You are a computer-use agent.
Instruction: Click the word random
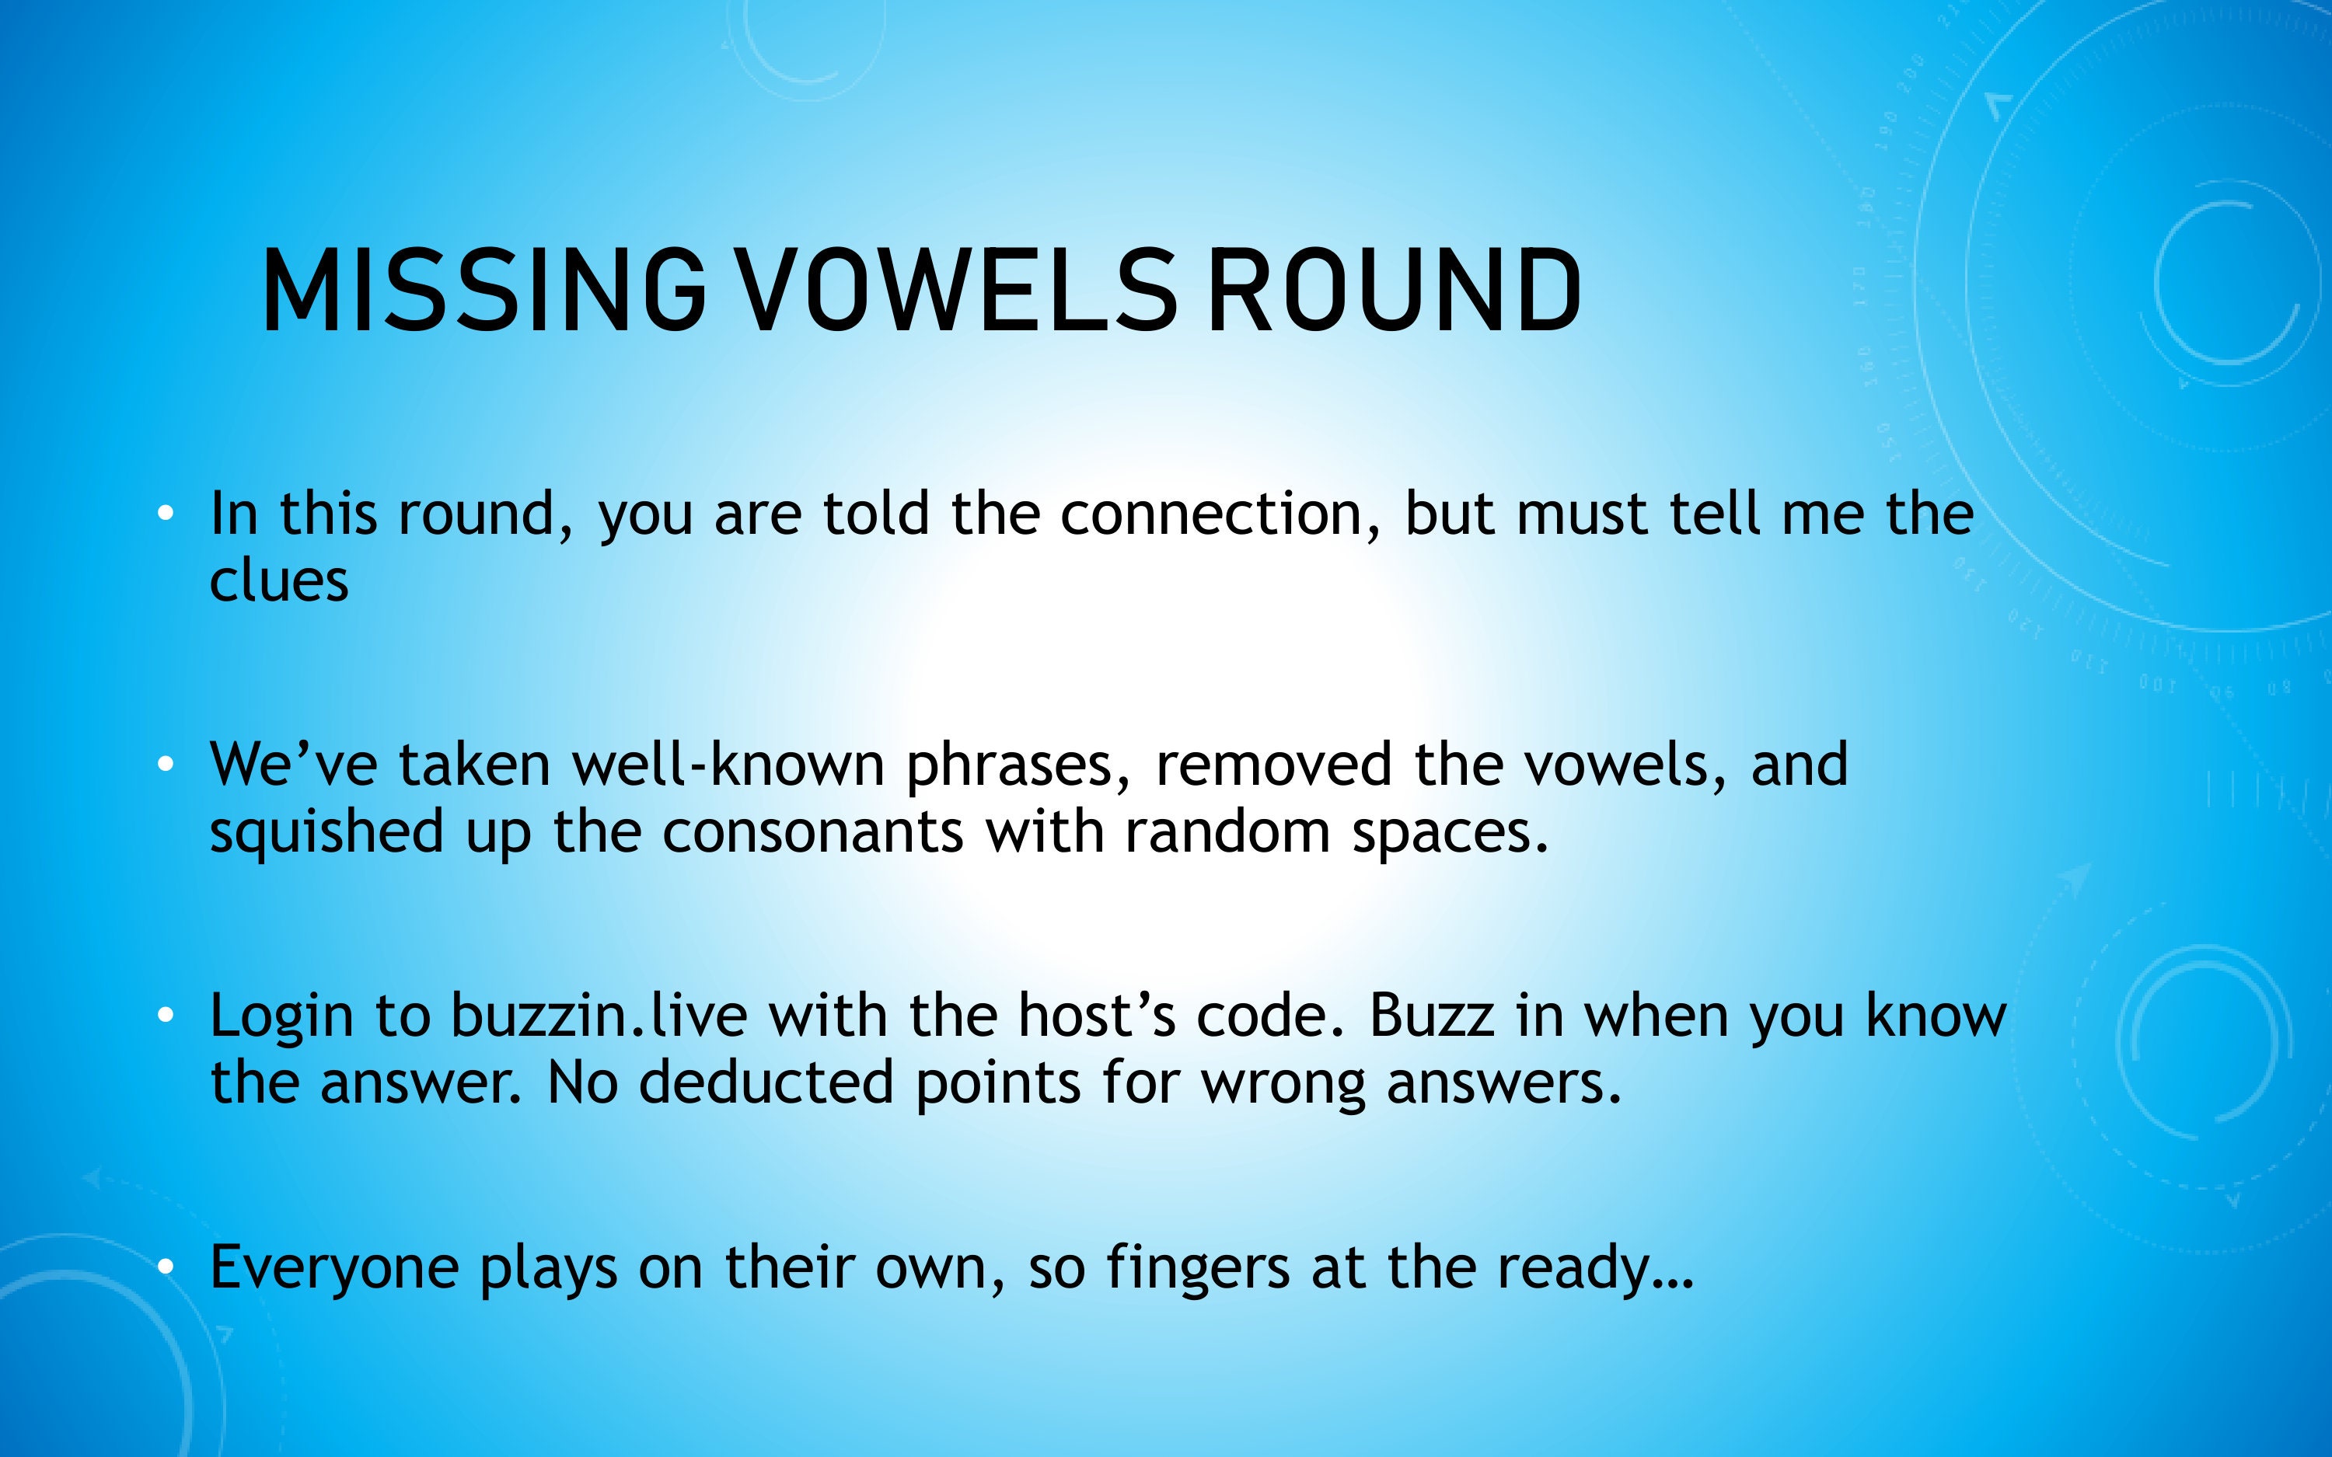1227,832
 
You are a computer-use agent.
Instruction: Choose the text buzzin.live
599,1016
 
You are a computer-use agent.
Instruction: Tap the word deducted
767,1083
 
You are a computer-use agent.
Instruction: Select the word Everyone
334,1268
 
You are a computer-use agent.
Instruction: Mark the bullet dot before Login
166,1016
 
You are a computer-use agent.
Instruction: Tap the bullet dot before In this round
166,514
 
